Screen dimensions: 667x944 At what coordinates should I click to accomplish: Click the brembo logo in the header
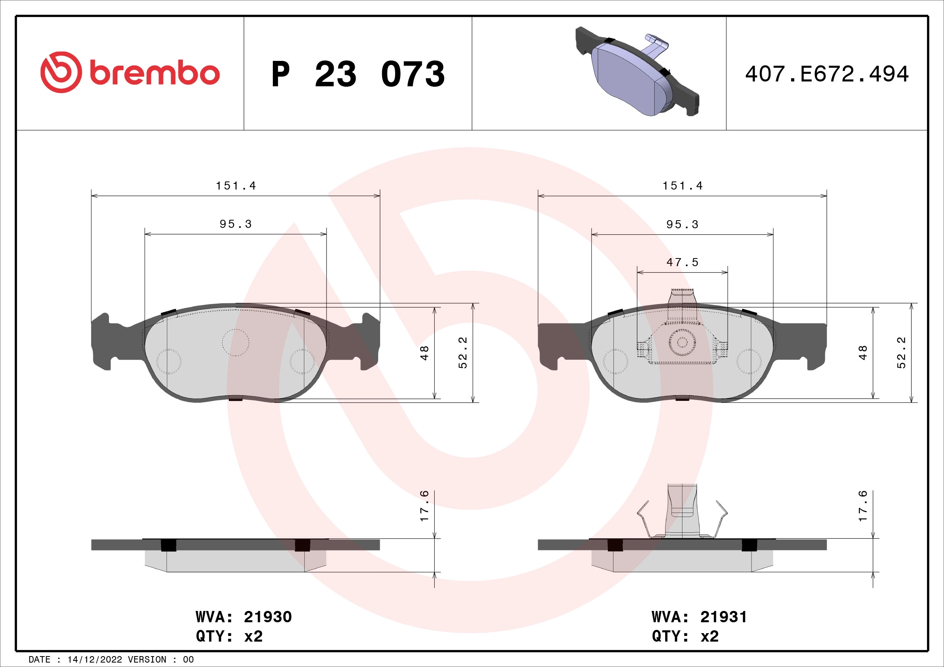tap(130, 73)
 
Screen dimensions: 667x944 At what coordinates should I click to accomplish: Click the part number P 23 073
tap(358, 74)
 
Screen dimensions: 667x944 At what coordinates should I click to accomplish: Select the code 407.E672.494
tap(827, 74)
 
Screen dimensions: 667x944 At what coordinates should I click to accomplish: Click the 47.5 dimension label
tap(682, 262)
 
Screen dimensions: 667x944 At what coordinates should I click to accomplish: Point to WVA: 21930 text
tap(243, 617)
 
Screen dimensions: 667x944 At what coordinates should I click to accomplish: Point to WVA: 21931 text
tap(699, 617)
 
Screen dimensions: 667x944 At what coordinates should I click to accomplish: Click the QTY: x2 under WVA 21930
tap(229, 636)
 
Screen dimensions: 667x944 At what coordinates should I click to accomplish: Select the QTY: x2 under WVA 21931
tap(685, 636)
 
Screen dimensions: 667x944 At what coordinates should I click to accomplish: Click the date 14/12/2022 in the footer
tap(94, 659)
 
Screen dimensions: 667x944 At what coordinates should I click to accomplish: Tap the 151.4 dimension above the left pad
tap(236, 186)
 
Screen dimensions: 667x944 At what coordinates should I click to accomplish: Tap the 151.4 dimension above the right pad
tap(682, 186)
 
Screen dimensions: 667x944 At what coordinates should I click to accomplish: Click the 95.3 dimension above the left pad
tap(236, 224)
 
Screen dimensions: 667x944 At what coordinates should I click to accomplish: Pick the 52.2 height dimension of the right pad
tap(901, 352)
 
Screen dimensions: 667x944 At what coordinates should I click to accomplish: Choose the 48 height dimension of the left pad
tap(424, 353)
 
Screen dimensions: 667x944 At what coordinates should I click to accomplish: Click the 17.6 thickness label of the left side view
tap(424, 506)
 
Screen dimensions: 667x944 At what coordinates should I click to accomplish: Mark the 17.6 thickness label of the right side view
tap(862, 506)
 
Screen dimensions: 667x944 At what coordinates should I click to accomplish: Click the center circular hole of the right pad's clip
tap(682, 342)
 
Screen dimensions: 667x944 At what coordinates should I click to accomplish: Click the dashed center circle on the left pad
tap(236, 342)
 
